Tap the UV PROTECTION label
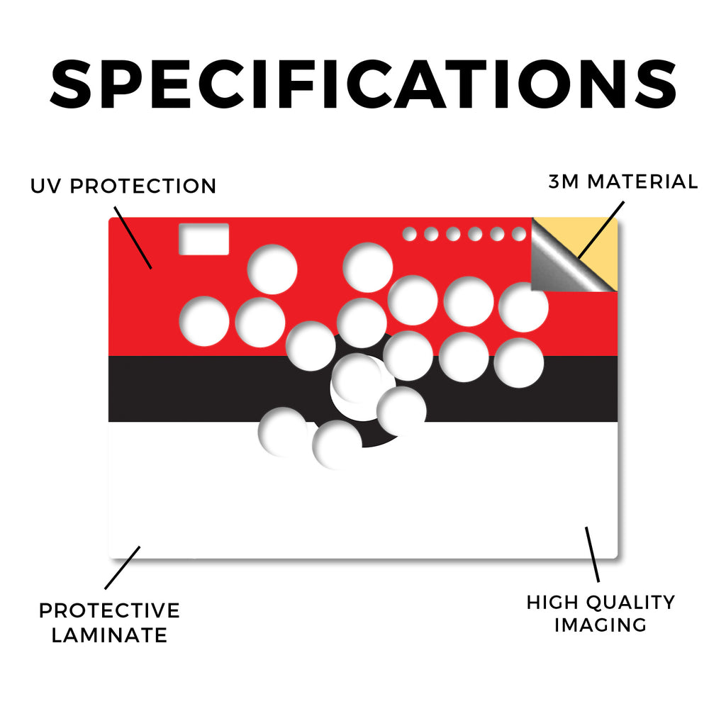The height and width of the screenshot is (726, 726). point(123,186)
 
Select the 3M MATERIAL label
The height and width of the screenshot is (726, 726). point(622,181)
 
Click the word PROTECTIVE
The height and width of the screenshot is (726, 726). point(109,610)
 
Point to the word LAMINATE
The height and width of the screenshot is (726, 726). point(109,635)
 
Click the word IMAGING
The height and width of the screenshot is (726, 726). point(600,625)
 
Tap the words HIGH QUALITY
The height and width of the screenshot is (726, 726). point(601,603)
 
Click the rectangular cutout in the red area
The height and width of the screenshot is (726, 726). point(203,239)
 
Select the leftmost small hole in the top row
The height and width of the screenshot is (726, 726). point(409,234)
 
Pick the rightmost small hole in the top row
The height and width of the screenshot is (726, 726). point(519,234)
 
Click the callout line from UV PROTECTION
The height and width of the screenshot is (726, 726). point(133,238)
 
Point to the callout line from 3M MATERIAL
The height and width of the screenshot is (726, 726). point(601,230)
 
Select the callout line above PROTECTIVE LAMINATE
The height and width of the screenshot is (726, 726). point(122,568)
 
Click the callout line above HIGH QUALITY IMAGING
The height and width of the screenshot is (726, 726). point(592,554)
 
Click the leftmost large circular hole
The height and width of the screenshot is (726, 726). point(204,321)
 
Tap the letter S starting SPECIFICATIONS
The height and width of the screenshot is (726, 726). point(71,84)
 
